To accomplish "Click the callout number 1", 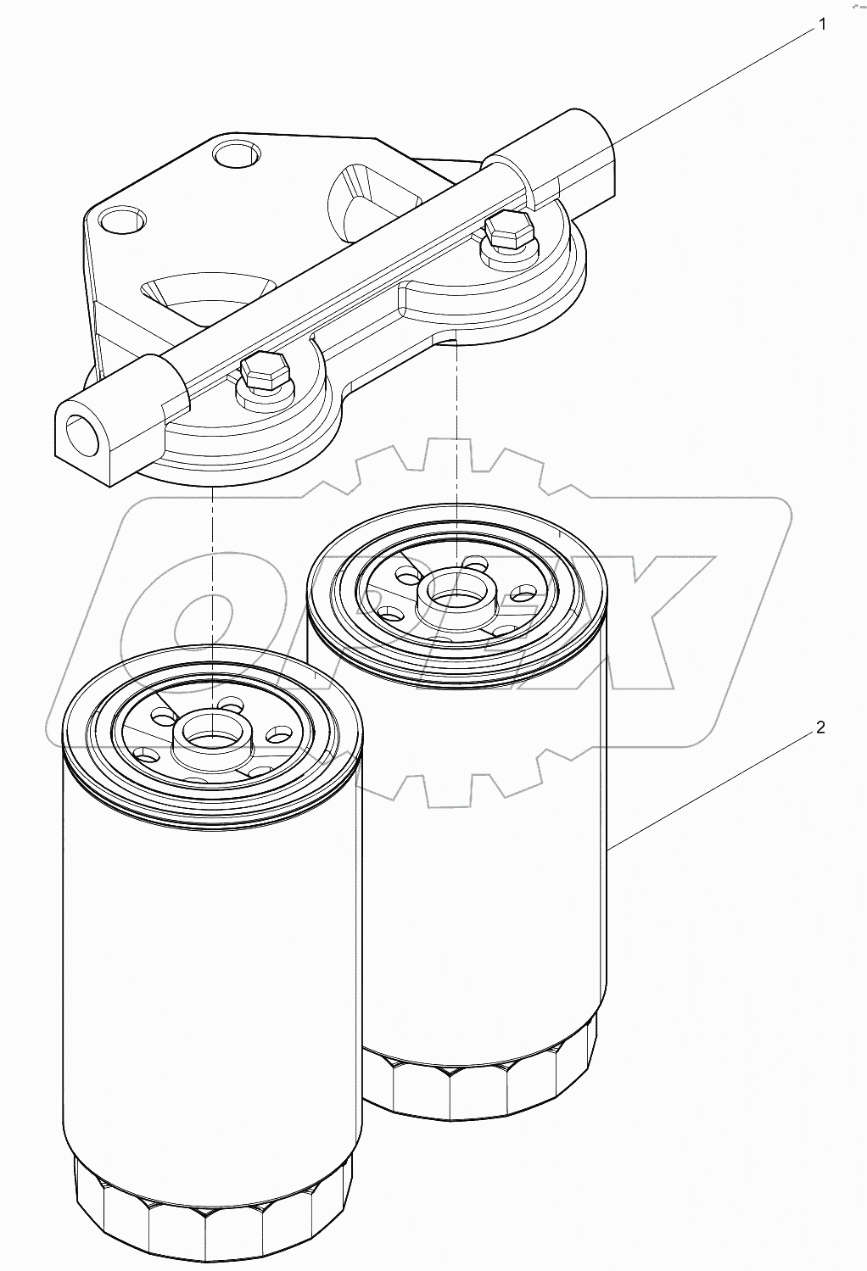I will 820,25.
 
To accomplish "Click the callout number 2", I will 820,727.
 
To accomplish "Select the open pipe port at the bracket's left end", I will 81,429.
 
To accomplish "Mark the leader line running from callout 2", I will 713,784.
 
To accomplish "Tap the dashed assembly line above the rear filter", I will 457,441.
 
